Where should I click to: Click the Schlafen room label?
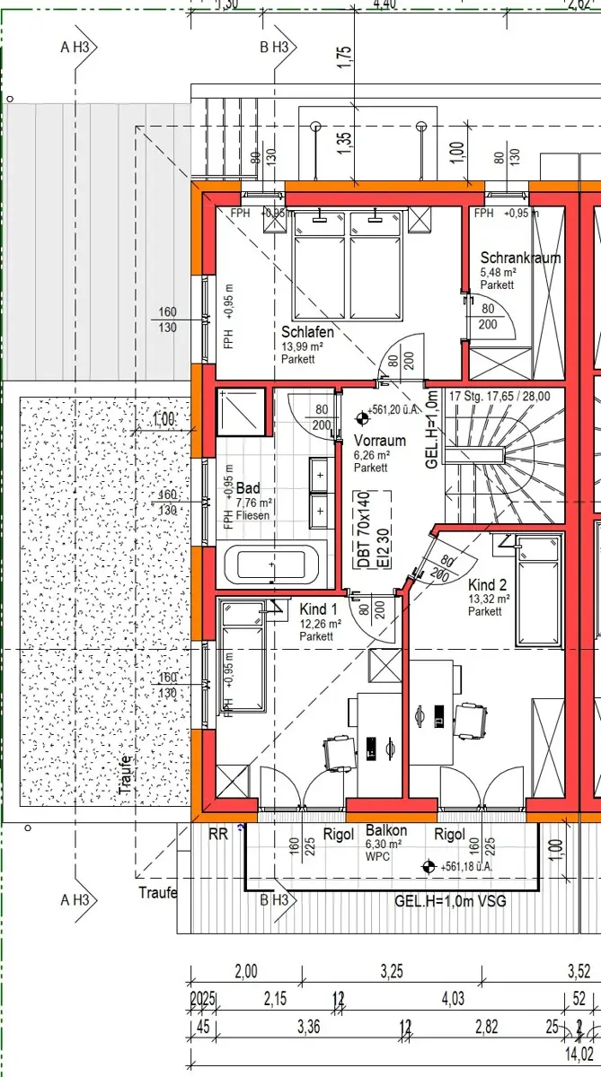[307, 332]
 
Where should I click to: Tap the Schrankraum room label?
[520, 258]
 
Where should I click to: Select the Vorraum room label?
[379, 441]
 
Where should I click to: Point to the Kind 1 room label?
[320, 610]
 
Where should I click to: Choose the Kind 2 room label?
[488, 582]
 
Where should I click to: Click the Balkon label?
[386, 831]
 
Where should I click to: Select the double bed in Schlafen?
[349, 265]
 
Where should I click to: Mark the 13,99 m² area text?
[303, 346]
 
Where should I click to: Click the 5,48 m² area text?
[498, 272]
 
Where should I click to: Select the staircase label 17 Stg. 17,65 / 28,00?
[499, 395]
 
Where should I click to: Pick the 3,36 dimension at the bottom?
[308, 1029]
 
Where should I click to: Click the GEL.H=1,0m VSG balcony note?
[451, 900]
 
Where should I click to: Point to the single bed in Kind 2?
[538, 588]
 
